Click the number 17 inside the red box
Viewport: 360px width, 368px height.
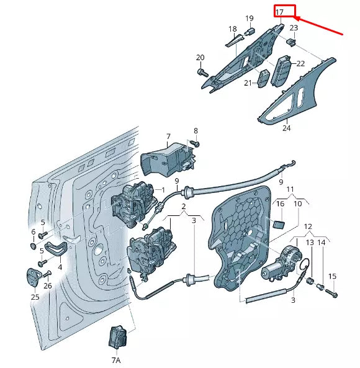pyautogui.click(x=280, y=12)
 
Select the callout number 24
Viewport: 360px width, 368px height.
pyautogui.click(x=286, y=128)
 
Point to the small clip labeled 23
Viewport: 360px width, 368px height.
pyautogui.click(x=290, y=42)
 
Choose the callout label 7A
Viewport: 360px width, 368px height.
pyautogui.click(x=116, y=360)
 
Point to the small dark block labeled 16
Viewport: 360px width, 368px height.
pyautogui.click(x=279, y=224)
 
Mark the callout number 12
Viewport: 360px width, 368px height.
pyautogui.click(x=308, y=228)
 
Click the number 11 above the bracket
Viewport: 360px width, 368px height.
pyautogui.click(x=290, y=189)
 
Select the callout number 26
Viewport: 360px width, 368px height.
pyautogui.click(x=48, y=286)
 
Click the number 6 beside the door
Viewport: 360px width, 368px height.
pyautogui.click(x=34, y=232)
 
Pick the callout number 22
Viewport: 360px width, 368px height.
pyautogui.click(x=300, y=63)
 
